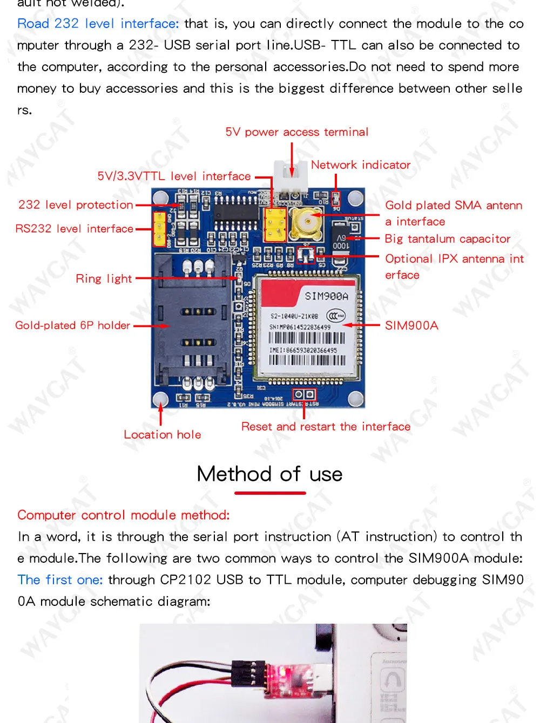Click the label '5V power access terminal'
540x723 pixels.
(296, 132)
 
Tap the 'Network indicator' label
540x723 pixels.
(360, 165)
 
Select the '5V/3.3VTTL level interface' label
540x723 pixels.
(174, 176)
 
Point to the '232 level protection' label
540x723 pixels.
(76, 205)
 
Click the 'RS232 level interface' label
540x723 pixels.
(74, 229)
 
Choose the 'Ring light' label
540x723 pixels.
(104, 279)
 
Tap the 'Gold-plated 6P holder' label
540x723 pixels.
(72, 325)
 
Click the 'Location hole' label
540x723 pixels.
(162, 435)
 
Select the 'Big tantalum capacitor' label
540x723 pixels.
(447, 239)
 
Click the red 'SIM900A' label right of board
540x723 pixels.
(411, 325)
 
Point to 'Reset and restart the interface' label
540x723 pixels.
(326, 427)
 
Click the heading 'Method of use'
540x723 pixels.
(269, 474)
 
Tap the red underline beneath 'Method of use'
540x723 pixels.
(270, 493)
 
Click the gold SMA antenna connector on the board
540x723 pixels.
(306, 221)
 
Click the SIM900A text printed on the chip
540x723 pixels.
(327, 296)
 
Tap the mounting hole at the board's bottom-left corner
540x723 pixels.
(160, 399)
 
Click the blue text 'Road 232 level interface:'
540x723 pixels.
(98, 24)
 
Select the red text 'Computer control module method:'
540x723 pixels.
(124, 515)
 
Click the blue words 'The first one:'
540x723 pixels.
(60, 580)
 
